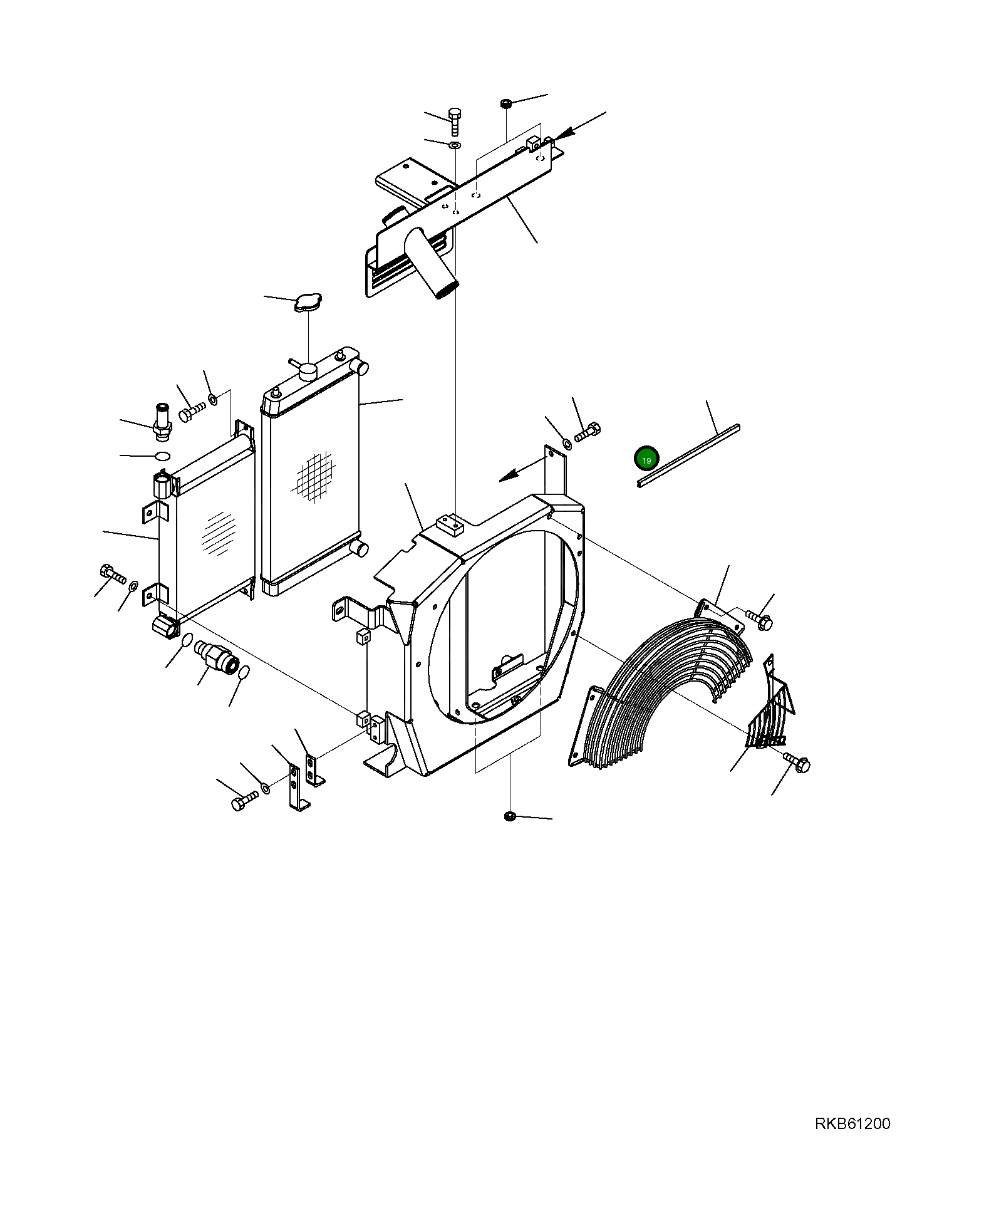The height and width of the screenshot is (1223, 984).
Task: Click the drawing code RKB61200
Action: tap(852, 1142)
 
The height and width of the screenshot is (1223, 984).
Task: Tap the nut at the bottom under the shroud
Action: tap(509, 816)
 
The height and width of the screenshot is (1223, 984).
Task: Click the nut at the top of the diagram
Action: tap(505, 103)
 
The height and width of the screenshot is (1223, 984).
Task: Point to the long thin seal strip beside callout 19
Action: tap(688, 455)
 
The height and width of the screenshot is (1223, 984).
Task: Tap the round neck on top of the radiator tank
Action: tap(309, 372)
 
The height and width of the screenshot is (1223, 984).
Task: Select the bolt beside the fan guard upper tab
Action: tap(759, 620)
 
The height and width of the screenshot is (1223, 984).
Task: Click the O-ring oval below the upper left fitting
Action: tap(162, 455)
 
